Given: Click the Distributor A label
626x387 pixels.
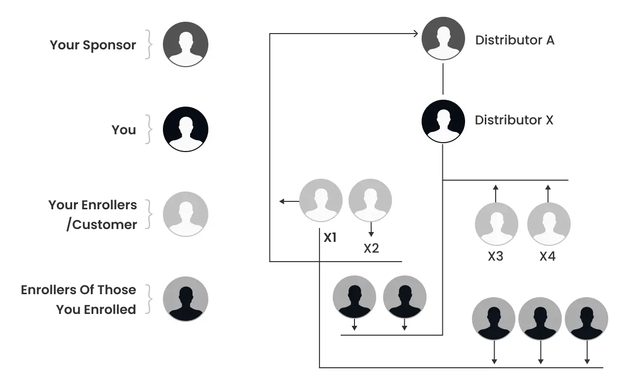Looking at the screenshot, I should pyautogui.click(x=514, y=40).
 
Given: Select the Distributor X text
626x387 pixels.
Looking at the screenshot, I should pyautogui.click(x=514, y=120).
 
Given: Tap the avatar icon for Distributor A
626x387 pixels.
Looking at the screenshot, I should pyautogui.click(x=443, y=39).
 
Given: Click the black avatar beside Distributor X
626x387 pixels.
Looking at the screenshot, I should pyautogui.click(x=443, y=121).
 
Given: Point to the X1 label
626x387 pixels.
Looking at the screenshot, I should pyautogui.click(x=330, y=237).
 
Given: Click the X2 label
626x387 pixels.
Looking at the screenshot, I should pyautogui.click(x=371, y=248).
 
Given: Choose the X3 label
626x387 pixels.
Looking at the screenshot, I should pyautogui.click(x=495, y=257).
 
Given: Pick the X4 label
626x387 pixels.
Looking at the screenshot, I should pyautogui.click(x=548, y=257).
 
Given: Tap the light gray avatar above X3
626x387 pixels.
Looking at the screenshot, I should pyautogui.click(x=496, y=224).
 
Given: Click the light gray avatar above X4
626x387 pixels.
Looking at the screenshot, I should pyautogui.click(x=548, y=224).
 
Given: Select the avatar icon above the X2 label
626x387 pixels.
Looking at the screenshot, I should pyautogui.click(x=370, y=200).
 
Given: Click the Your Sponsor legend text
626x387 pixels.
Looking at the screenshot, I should pyautogui.click(x=93, y=45).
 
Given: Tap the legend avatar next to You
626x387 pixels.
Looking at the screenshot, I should pyautogui.click(x=186, y=130).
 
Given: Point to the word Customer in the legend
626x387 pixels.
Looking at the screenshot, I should pyautogui.click(x=105, y=225).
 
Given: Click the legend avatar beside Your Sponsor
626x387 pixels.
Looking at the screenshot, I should pyautogui.click(x=186, y=44).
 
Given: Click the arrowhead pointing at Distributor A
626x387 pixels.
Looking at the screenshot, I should pyautogui.click(x=415, y=34).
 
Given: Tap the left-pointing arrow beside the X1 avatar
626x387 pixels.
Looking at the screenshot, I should pyautogui.click(x=282, y=201).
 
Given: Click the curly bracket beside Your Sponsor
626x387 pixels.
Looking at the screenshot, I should pyautogui.click(x=147, y=45).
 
